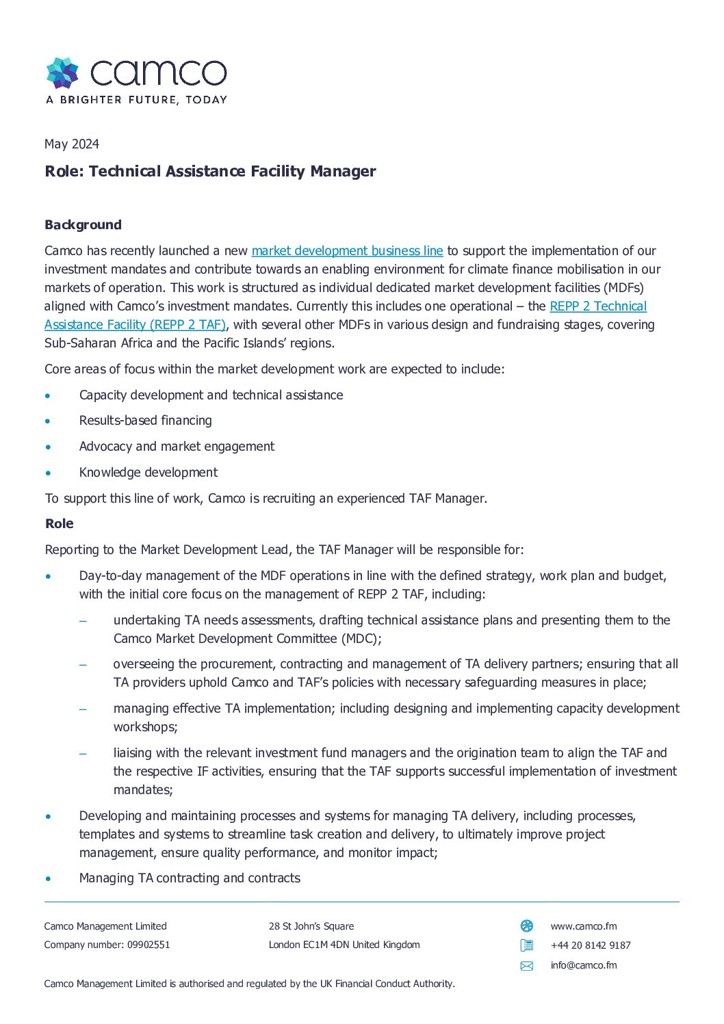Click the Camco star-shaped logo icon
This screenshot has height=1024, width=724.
click(62, 73)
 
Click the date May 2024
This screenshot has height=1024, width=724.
click(72, 144)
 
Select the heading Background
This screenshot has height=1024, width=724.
click(83, 225)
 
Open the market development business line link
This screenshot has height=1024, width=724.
click(347, 251)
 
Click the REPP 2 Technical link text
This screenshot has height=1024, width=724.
click(597, 306)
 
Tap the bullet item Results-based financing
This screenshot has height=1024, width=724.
click(145, 421)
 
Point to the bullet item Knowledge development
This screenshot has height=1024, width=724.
click(148, 473)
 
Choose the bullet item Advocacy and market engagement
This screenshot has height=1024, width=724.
click(177, 447)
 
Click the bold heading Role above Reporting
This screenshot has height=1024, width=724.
click(60, 524)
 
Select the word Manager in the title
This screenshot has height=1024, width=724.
click(343, 171)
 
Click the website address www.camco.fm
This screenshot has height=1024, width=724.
click(583, 926)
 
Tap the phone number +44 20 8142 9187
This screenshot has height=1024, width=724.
click(590, 945)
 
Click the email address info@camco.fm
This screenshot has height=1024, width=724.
click(583, 965)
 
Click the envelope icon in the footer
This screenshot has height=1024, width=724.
click(526, 966)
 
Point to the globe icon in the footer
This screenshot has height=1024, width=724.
click(526, 926)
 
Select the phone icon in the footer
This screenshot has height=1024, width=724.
click(526, 945)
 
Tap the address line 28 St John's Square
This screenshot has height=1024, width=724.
click(311, 926)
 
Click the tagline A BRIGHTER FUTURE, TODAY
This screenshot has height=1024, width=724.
click(136, 100)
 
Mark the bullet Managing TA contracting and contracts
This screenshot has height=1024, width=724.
click(190, 878)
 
